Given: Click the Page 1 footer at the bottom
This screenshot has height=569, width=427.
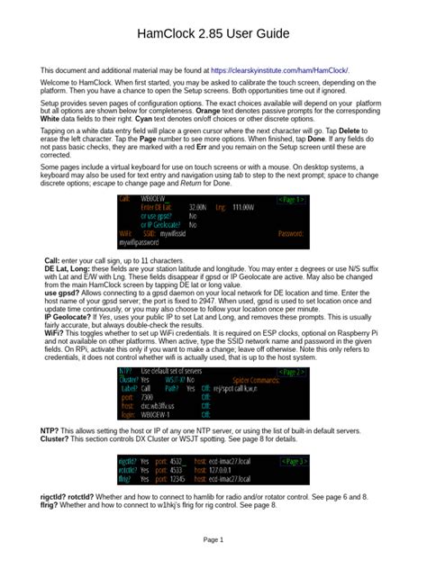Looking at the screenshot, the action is coord(213,539).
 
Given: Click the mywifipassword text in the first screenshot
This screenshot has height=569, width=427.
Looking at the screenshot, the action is coord(139,243).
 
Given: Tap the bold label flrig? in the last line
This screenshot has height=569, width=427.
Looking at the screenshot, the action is coord(50,506).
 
